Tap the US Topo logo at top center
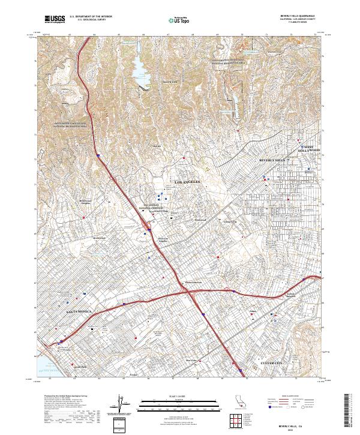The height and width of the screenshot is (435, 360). click(x=180, y=20)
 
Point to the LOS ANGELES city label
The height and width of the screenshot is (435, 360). click(x=186, y=181)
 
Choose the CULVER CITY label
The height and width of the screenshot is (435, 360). click(x=277, y=364)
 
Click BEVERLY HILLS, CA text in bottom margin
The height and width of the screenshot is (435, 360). click(x=298, y=421)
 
